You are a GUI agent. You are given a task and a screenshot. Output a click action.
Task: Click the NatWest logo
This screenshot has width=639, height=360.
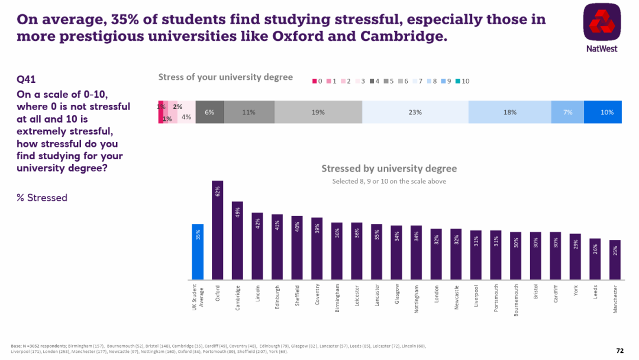(602, 27)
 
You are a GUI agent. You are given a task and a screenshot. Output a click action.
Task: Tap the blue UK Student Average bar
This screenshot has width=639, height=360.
(198, 252)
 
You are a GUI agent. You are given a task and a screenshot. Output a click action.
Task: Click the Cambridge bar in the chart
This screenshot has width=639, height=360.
(237, 240)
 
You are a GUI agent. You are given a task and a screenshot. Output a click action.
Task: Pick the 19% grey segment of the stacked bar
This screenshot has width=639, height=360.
(318, 112)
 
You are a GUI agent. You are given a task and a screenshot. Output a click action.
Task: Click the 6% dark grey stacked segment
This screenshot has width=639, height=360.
(209, 112)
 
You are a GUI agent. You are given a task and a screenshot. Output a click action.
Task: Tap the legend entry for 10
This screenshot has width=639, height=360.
(460, 81)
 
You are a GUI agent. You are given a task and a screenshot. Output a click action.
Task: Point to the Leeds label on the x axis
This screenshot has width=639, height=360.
(595, 292)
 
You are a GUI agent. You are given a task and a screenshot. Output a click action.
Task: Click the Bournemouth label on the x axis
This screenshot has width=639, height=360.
(516, 300)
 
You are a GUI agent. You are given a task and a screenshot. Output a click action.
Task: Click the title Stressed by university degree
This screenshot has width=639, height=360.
(389, 169)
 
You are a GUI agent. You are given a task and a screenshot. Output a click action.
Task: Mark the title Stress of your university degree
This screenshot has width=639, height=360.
(225, 78)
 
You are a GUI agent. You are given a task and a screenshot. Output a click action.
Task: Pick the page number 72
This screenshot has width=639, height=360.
(619, 351)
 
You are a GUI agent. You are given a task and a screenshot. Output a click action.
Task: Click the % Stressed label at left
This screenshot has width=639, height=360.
(42, 198)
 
